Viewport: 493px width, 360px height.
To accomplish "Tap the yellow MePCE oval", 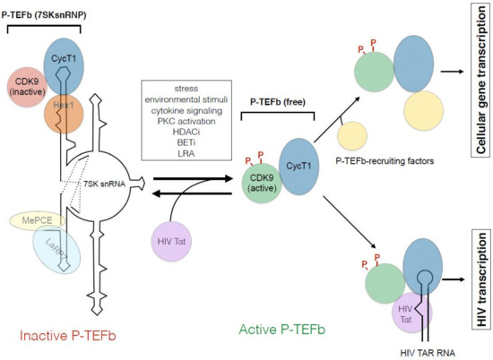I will (31, 222).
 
